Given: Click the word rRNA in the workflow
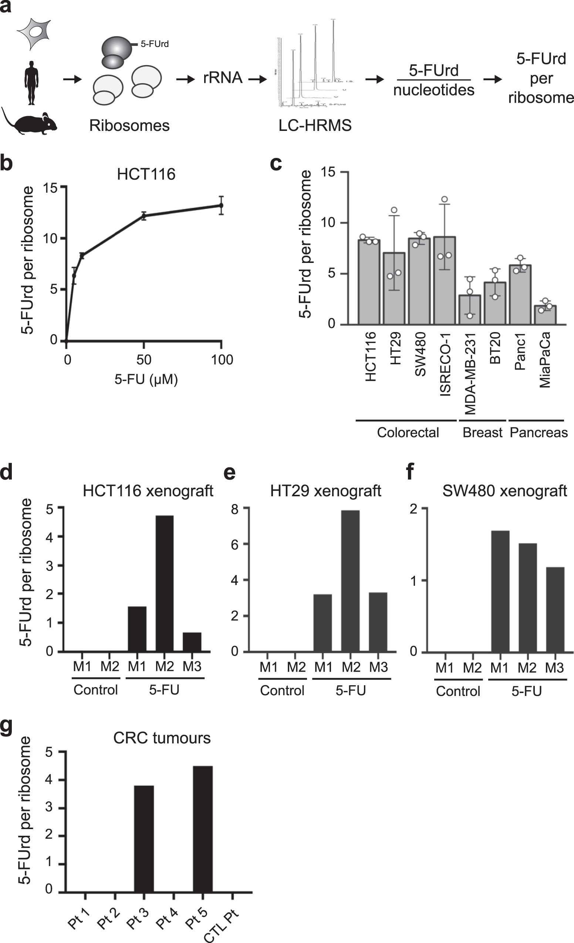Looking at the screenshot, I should (223, 78).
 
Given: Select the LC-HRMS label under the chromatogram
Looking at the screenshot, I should (314, 125).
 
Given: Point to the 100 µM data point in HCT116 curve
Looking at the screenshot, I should (221, 206).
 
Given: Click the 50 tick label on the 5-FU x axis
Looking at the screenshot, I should (143, 360).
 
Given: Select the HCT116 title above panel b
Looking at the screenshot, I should (146, 175).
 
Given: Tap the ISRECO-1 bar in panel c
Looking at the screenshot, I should (444, 281).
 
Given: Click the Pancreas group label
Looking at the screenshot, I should (538, 432).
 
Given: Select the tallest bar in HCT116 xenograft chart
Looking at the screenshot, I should (164, 583).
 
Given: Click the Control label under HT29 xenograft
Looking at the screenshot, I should (282, 690).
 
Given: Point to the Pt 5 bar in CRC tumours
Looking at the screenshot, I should (202, 829).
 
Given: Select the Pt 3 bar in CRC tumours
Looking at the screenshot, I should (144, 838).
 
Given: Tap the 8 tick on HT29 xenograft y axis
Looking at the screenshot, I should (234, 509).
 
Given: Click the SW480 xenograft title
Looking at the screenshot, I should (504, 491).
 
